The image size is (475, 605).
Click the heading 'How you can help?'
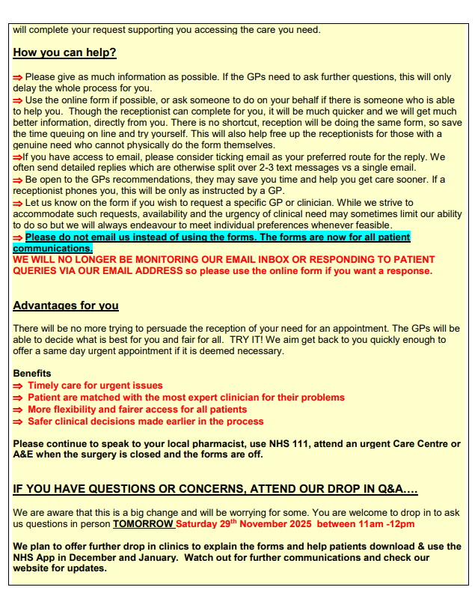(x=64, y=53)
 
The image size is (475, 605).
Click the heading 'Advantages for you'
(x=66, y=305)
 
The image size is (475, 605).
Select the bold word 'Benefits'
(x=32, y=373)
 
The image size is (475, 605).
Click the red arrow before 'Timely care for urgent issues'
(x=18, y=386)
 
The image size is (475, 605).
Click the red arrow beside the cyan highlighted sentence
(x=18, y=237)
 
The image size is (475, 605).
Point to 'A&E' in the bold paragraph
(x=24, y=455)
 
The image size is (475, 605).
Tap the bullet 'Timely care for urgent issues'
(x=95, y=386)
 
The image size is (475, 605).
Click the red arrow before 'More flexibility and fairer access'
(x=18, y=410)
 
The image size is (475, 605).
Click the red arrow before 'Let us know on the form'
(x=18, y=203)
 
